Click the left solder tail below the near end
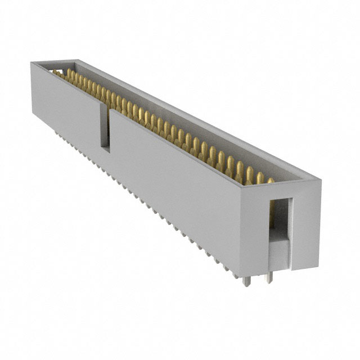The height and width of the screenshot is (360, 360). (246, 279)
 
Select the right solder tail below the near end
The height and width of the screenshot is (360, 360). (269, 277)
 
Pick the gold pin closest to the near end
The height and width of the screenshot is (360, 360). (271, 181)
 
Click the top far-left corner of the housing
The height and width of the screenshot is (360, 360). (31, 62)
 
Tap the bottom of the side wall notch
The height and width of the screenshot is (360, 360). (105, 149)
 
